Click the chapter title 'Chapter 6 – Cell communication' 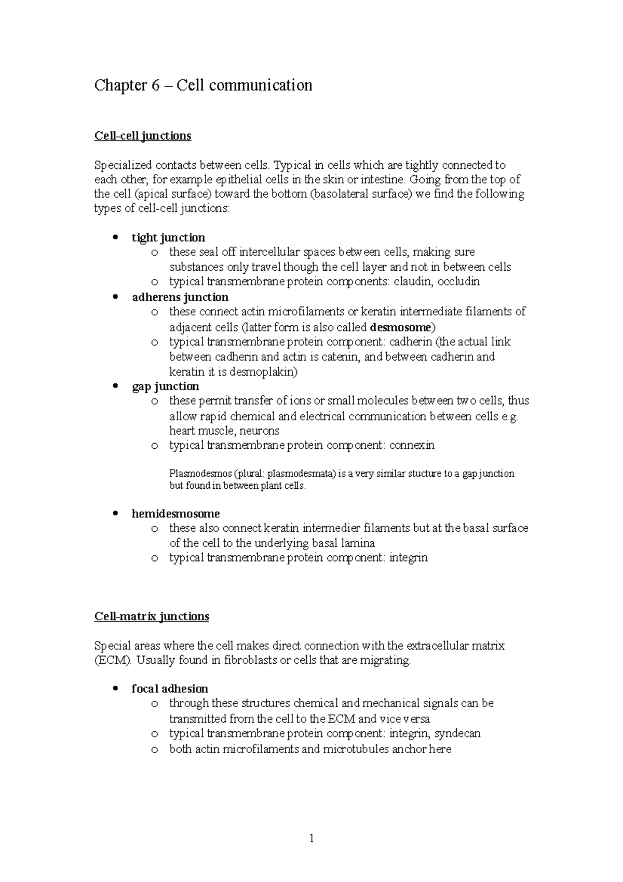(203, 85)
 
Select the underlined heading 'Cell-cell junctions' (142, 136)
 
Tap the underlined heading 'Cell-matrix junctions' (152, 617)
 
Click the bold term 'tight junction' (168, 238)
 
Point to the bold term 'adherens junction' (180, 298)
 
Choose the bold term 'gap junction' (165, 386)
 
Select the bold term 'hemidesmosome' (175, 514)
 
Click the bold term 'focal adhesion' (170, 689)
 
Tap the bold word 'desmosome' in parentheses (400, 328)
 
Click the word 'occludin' (458, 282)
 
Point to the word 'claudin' (413, 282)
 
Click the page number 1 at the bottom (311, 838)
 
